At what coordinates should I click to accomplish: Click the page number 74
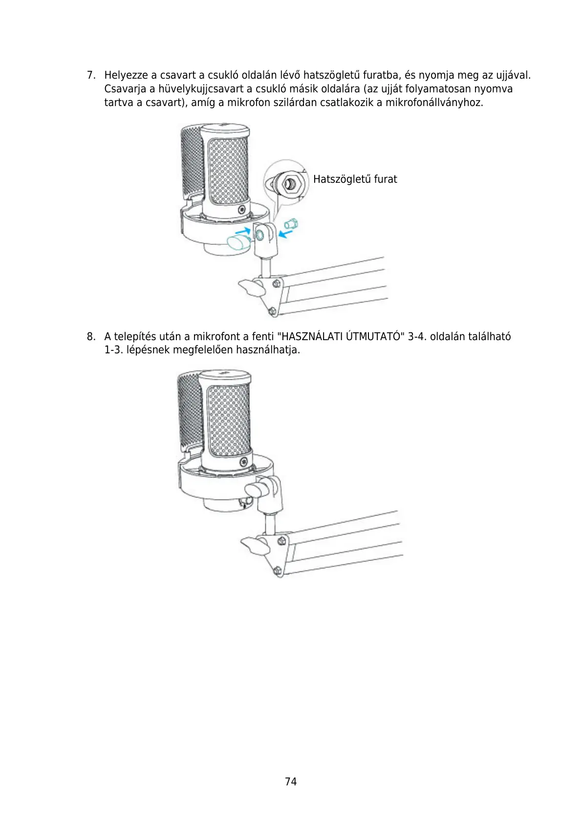click(291, 781)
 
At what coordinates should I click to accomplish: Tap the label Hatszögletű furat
click(355, 179)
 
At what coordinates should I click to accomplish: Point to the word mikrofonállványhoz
click(434, 103)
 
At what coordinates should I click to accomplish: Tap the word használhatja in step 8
click(268, 350)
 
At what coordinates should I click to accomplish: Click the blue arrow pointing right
click(242, 230)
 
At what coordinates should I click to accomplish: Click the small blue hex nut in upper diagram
click(292, 225)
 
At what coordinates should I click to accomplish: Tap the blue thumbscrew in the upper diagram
click(238, 242)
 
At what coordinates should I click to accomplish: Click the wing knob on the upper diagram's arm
click(251, 287)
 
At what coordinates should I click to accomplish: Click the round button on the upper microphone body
click(241, 210)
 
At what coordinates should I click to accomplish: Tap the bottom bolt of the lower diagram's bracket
click(277, 570)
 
